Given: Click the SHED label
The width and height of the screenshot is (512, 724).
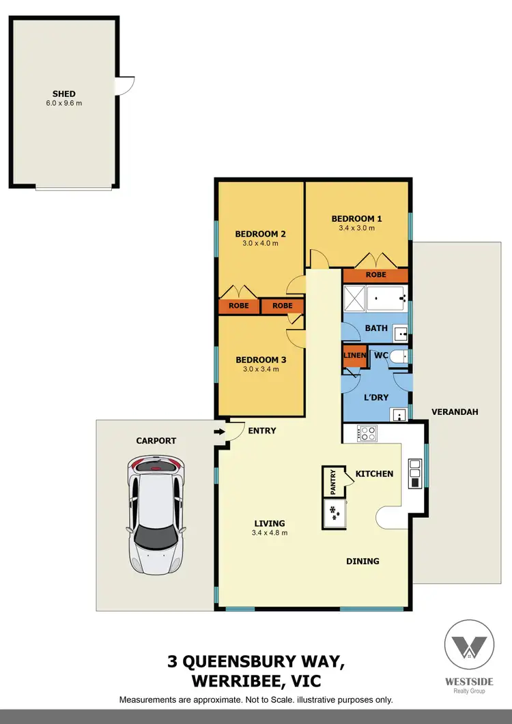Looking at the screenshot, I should click(64, 94).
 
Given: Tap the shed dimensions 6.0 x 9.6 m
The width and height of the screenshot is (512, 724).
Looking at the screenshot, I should click(64, 104).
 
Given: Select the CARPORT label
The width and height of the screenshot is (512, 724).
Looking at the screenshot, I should click(156, 441).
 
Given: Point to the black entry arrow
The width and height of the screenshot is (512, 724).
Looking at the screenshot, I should click(219, 431).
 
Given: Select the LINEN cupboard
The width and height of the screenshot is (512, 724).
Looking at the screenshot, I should click(354, 356).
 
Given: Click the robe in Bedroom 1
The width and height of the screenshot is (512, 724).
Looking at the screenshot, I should click(375, 275).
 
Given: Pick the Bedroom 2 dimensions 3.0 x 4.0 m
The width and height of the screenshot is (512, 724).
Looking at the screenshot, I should click(260, 243).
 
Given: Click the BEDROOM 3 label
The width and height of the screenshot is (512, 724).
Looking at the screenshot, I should click(260, 360).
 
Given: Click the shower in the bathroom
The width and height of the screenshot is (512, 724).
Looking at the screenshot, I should click(354, 298).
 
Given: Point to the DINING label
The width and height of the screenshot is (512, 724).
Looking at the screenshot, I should click(362, 562).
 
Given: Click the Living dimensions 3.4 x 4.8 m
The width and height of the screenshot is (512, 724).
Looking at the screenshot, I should click(270, 533).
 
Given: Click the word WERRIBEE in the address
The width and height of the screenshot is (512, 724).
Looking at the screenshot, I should click(230, 682).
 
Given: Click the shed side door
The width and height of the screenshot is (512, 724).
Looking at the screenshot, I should click(126, 85).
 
